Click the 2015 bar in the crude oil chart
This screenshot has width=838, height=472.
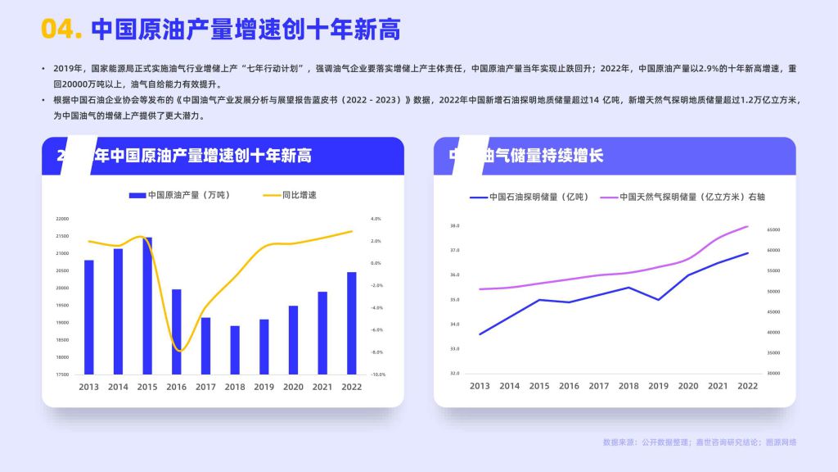[x=147, y=306]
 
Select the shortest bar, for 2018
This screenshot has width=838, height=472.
[x=235, y=350]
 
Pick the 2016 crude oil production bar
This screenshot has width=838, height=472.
[x=177, y=332]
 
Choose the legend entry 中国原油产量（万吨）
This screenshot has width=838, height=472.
[x=179, y=196]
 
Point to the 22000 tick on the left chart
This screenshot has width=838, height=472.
[x=62, y=219]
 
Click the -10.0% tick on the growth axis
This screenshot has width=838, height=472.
[x=377, y=374]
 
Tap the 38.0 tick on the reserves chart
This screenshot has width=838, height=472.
[x=455, y=225]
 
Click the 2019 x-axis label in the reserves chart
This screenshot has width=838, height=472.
[x=658, y=386]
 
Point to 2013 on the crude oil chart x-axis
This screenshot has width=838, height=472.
[x=88, y=387]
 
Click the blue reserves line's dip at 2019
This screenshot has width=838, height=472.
[x=658, y=300]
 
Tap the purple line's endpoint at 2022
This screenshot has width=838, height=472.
[x=747, y=226]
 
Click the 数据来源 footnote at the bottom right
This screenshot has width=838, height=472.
[x=699, y=442]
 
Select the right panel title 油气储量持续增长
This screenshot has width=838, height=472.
[x=540, y=156]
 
